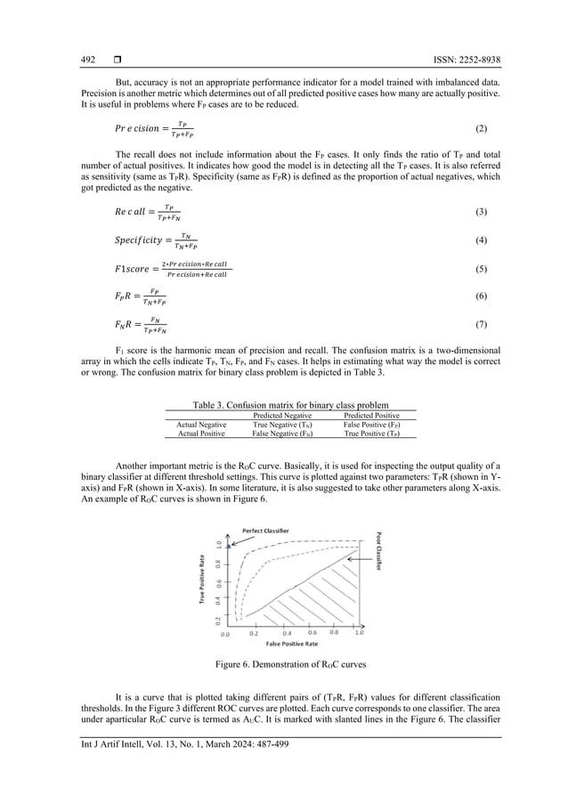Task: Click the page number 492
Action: click(88, 61)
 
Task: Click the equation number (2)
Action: click(482, 128)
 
